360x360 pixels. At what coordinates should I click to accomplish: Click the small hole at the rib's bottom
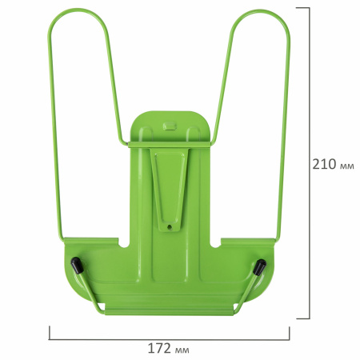(170, 227)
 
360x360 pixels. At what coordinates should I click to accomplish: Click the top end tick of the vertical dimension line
(310, 8)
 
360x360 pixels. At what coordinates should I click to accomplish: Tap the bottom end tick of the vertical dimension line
(310, 318)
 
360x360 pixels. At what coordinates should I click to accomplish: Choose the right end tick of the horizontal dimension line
(290, 330)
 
